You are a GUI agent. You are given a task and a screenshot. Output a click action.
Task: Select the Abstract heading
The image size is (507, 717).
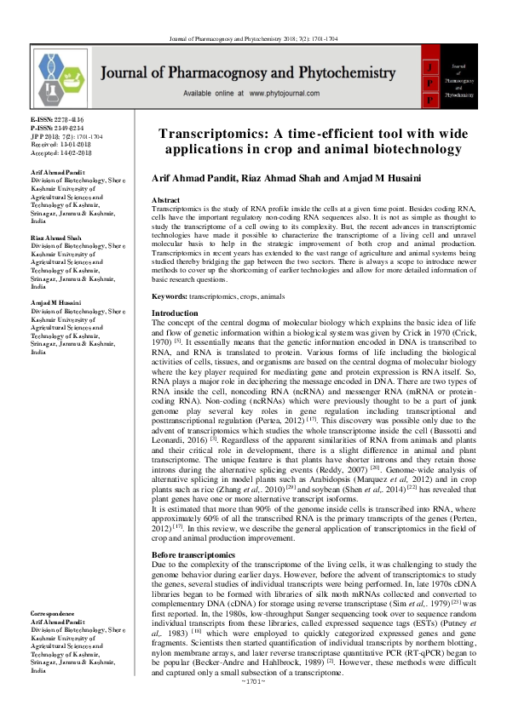169,199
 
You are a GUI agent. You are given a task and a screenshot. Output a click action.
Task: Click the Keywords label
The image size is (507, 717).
170,295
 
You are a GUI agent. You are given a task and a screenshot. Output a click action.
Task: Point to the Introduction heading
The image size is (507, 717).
175,314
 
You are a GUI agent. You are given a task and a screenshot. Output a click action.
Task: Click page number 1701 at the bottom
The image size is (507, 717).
254,706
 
